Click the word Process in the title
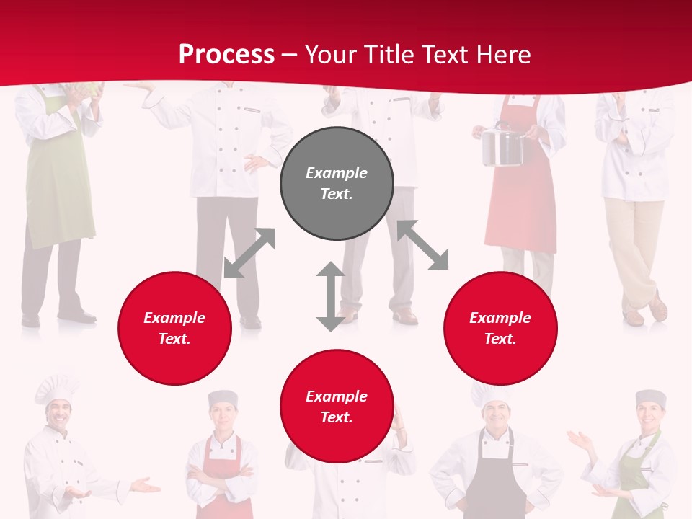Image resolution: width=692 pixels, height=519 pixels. [x=226, y=55]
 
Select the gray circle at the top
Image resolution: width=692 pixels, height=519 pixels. [x=337, y=184]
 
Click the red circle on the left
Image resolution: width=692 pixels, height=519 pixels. [x=174, y=328]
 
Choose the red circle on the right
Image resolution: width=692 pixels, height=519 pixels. [x=500, y=328]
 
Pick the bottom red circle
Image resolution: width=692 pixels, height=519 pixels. [x=337, y=407]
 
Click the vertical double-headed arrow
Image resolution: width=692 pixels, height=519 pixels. [x=331, y=296]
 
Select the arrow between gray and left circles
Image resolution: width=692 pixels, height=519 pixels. [x=249, y=252]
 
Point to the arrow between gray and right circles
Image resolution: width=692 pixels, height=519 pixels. [x=423, y=245]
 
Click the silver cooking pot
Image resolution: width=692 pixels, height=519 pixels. [x=502, y=146]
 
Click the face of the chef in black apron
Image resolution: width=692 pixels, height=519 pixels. [x=494, y=417]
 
